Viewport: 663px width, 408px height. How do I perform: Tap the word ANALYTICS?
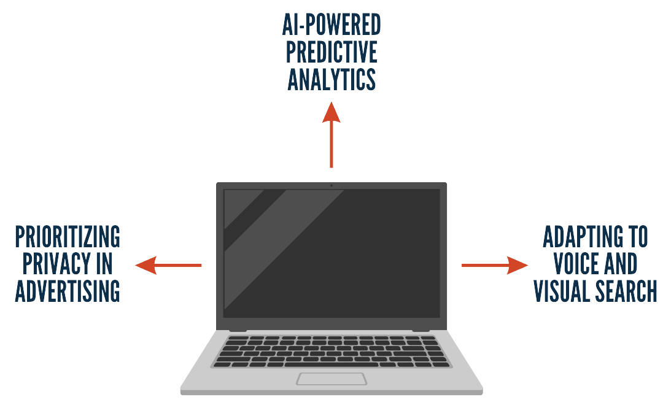pos(331,79)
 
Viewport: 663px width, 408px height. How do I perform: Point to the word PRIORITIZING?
pos(68,237)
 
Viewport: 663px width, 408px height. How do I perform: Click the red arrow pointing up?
pos(331,135)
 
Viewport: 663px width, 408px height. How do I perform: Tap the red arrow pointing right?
pos(495,265)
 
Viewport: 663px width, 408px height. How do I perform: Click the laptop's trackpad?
pos(331,379)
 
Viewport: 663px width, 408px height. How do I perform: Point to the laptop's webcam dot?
pos(331,185)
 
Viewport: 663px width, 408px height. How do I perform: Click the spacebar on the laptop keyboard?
pos(331,364)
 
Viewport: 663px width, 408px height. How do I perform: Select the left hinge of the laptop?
pos(238,331)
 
